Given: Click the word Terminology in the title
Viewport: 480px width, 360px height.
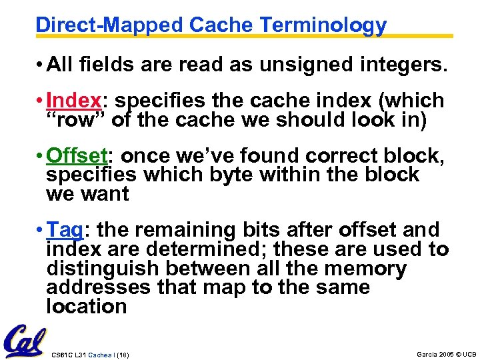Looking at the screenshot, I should (x=323, y=25).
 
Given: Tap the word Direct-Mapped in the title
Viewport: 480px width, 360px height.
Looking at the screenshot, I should (x=109, y=25).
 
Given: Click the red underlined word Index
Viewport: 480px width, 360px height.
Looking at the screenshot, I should (x=74, y=101).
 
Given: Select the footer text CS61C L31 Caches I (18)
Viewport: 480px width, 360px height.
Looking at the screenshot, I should (x=90, y=354).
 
